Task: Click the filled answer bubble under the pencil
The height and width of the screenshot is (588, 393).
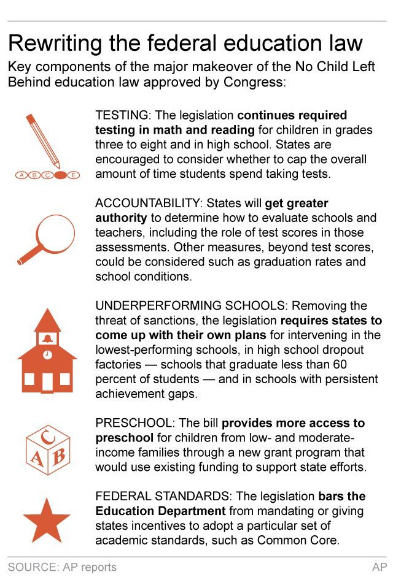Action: point(60,175)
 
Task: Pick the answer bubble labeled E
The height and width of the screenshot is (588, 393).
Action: point(74,175)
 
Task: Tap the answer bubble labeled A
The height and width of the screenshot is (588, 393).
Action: point(23,175)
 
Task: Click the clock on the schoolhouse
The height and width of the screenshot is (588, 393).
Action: point(47,355)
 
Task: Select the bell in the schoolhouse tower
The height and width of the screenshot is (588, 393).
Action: point(47,338)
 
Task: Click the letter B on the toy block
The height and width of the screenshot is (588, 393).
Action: point(59,457)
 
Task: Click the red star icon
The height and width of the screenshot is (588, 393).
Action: point(47,521)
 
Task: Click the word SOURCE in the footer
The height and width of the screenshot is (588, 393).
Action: point(31,568)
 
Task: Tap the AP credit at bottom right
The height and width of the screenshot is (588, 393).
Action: point(379,568)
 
